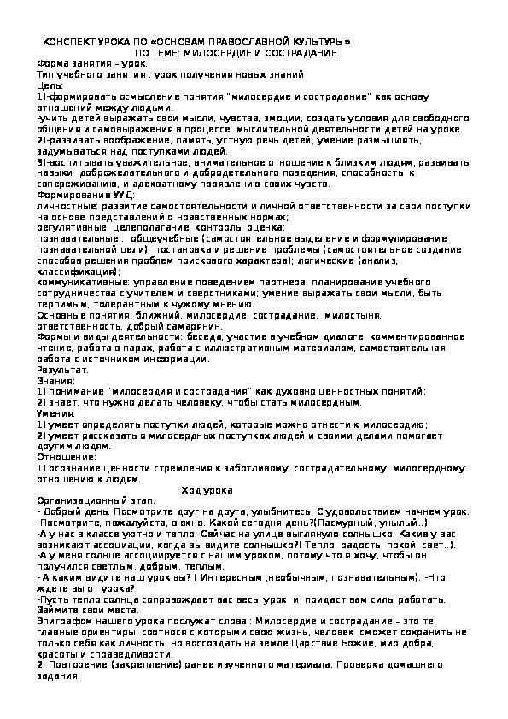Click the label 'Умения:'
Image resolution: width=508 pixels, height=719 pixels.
[x=56, y=413]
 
